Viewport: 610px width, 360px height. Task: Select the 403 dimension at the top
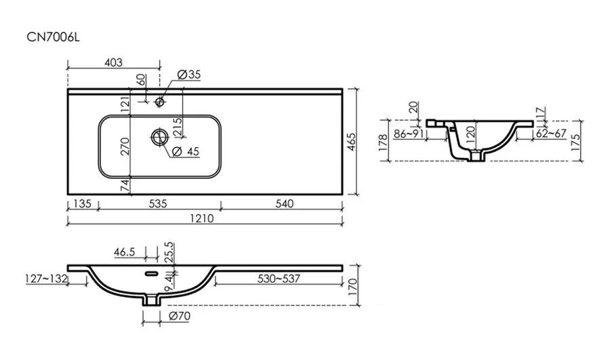(113, 62)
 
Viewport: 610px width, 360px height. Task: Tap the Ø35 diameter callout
(187, 74)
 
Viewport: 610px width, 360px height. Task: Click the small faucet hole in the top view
(160, 102)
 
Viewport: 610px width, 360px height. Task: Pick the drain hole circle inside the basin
(159, 136)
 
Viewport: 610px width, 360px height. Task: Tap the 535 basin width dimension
(157, 203)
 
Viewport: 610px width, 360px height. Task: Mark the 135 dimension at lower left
(83, 203)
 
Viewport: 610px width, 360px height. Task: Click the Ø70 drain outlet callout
(177, 316)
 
